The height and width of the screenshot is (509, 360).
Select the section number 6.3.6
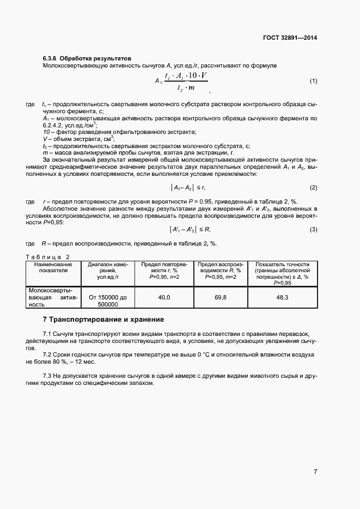(50, 58)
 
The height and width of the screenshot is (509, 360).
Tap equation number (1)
(313, 81)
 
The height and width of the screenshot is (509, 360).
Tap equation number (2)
(313, 188)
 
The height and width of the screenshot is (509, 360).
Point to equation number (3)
(313, 229)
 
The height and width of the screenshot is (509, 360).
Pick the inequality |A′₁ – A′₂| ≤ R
(187, 229)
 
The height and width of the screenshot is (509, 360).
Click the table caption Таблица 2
(48, 256)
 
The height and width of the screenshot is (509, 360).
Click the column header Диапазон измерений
(107, 269)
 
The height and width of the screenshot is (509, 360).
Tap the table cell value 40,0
(164, 298)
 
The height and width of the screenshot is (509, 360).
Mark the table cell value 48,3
(282, 298)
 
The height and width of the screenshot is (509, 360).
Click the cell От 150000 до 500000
(107, 301)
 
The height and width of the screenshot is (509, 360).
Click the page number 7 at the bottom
(315, 471)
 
